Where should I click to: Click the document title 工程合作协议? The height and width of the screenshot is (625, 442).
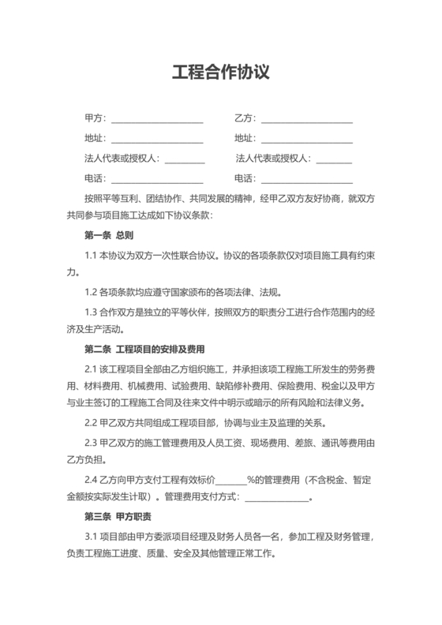221,73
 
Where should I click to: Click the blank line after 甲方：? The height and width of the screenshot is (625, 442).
156,119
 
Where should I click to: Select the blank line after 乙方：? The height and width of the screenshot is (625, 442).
306,119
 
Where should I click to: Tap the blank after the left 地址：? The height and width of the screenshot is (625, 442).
156,139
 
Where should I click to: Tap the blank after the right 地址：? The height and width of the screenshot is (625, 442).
306,139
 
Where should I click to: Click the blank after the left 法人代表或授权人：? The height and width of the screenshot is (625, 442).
184,159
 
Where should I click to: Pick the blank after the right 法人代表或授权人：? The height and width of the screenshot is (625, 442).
333,159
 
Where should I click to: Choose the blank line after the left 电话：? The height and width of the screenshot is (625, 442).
156,178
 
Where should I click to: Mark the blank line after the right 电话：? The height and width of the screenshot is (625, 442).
306,178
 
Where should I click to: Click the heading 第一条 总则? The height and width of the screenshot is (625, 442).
109,235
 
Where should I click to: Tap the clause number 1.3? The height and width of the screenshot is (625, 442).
91,312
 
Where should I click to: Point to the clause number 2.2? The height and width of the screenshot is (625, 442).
91,422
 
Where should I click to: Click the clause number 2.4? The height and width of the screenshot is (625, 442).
91,479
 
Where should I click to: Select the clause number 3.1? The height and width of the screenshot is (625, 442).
91,537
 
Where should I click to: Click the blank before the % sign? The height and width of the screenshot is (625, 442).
231,480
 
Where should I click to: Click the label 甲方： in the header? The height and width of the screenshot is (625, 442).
95,119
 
